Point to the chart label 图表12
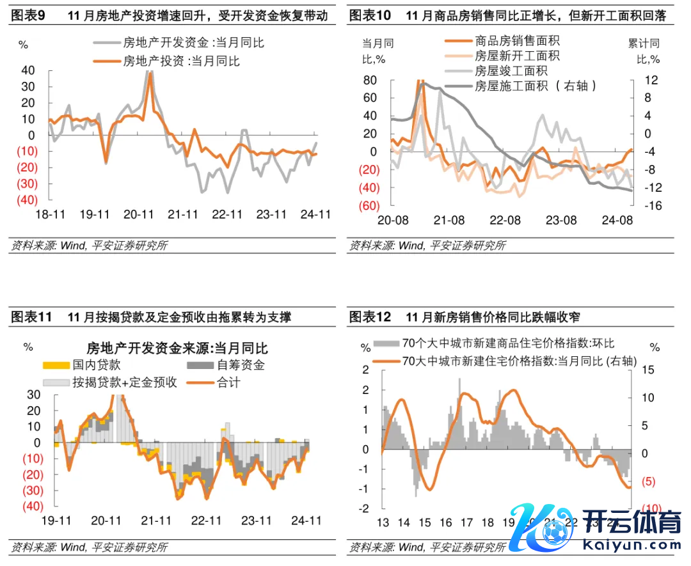(370, 317)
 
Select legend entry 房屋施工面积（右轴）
(537, 86)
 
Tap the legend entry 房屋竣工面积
(511, 71)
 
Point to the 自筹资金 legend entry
(241, 365)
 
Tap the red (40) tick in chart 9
(27, 200)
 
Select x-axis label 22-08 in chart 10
(505, 220)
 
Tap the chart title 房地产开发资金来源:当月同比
(177, 348)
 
